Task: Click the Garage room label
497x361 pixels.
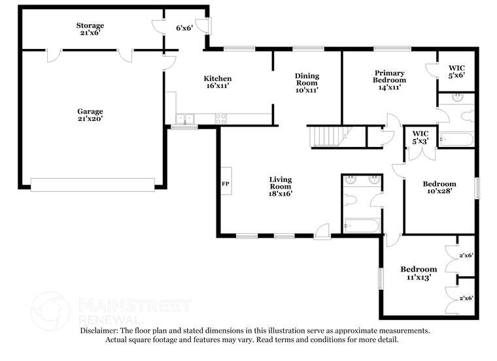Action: tap(90, 115)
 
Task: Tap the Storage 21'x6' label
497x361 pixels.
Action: tap(90, 29)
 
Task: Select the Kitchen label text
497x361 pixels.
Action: tap(218, 82)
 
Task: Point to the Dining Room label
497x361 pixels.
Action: tap(306, 82)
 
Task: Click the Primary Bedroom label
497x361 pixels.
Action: tap(389, 80)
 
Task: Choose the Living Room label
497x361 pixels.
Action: tap(281, 186)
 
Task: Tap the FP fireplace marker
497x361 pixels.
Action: tap(226, 184)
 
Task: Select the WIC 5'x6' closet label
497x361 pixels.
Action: tap(456, 71)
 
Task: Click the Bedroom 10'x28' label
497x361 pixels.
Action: tap(439, 187)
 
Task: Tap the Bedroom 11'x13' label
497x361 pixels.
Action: tap(419, 273)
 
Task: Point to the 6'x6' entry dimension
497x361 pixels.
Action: tap(184, 28)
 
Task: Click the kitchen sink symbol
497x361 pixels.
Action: tap(184, 119)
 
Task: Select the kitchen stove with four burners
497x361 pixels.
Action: tap(221, 119)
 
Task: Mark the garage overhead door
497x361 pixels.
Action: tap(92, 185)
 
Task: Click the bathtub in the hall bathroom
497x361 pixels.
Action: tap(360, 227)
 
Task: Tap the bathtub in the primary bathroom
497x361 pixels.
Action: tap(456, 140)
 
